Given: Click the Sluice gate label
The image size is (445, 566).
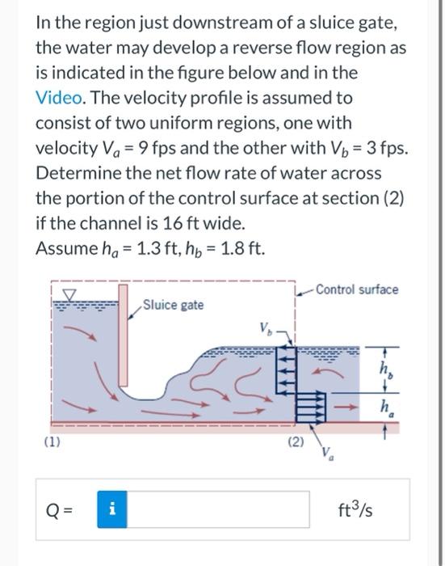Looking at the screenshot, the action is tap(172, 305).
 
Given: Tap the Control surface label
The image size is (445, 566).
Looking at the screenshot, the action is tap(356, 289).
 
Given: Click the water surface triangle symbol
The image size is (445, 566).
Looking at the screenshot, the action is tap(69, 293).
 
